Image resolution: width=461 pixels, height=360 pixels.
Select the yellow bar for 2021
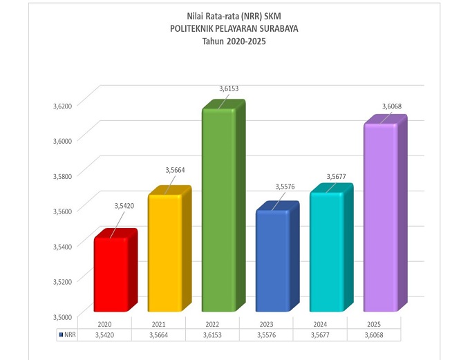[164, 252]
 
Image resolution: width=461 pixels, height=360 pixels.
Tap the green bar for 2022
[218, 211]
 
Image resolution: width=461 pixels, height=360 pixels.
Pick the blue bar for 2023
[272, 260]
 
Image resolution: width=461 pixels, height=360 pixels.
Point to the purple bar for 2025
[380, 218]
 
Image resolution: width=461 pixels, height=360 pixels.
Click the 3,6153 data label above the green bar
[229, 88]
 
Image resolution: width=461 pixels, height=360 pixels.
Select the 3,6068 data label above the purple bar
[393, 106]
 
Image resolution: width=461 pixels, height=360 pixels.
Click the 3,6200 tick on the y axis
[63, 106]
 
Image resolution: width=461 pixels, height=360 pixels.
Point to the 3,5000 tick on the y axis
[63, 316]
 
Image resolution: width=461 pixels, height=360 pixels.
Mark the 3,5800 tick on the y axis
[63, 176]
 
